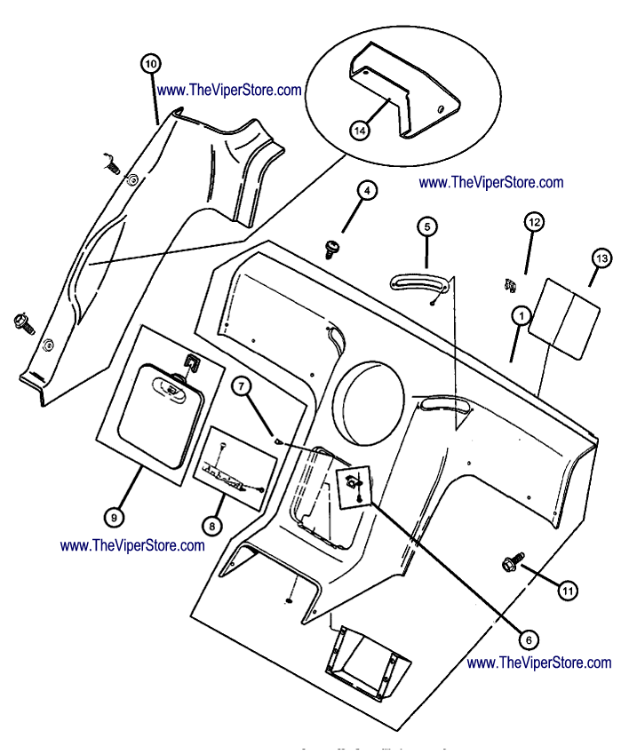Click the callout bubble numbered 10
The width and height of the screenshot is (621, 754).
(x=150, y=63)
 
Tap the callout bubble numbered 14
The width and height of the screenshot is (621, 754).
(x=360, y=131)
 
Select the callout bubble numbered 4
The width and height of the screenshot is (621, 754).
(x=368, y=190)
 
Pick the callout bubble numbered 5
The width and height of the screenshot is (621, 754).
(x=426, y=226)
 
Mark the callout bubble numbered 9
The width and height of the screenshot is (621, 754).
(x=113, y=516)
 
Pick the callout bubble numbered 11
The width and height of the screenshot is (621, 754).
(x=567, y=589)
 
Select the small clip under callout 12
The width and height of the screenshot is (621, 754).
(x=508, y=283)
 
